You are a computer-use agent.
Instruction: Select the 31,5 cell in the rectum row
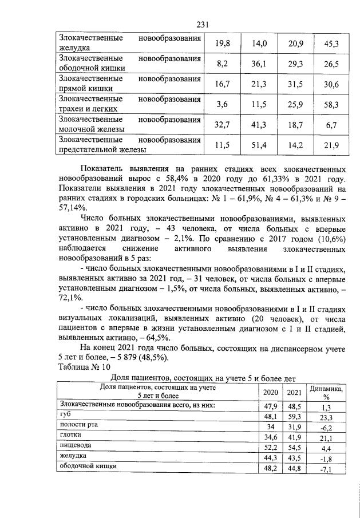point(294,85)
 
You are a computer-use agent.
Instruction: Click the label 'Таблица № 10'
point(85,366)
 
